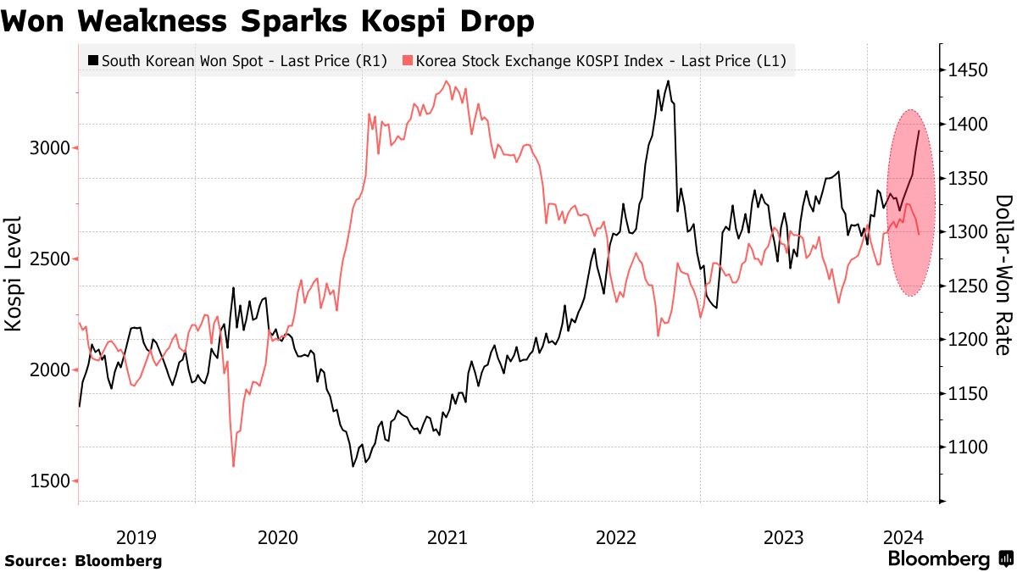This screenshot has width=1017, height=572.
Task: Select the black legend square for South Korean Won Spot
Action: (x=92, y=61)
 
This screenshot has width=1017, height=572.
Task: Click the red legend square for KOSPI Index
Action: (x=408, y=61)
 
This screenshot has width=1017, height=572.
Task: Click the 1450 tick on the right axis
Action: (x=967, y=70)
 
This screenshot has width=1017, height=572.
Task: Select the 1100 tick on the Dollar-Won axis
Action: (x=967, y=447)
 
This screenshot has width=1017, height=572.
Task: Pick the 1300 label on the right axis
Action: (x=967, y=232)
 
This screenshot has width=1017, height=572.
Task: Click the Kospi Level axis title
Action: (x=14, y=272)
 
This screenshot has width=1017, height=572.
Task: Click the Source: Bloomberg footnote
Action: (x=83, y=560)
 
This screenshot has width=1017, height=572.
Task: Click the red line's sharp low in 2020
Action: (x=233, y=465)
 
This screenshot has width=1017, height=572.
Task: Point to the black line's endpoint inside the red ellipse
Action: (x=920, y=131)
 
